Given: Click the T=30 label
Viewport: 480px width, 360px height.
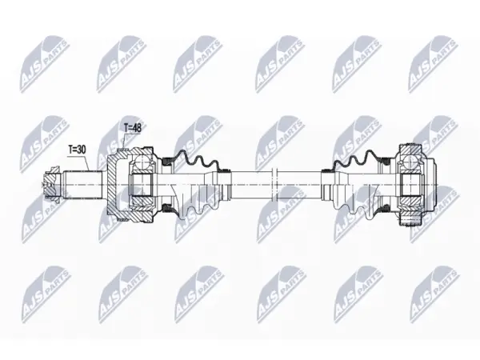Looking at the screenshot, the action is pyautogui.click(x=77, y=150).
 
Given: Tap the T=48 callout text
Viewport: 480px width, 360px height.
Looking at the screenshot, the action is pyautogui.click(x=133, y=128).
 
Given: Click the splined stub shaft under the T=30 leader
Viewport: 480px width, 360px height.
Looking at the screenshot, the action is pyautogui.click(x=83, y=185).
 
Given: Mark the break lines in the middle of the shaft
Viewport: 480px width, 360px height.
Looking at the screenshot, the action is pyautogui.click(x=274, y=185).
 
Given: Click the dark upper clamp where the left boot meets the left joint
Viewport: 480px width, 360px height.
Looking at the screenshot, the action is pyautogui.click(x=168, y=161).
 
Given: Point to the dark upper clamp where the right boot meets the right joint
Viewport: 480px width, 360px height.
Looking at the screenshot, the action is pyautogui.click(x=386, y=161).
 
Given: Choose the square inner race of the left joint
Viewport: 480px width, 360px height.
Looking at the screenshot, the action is pyautogui.click(x=142, y=185).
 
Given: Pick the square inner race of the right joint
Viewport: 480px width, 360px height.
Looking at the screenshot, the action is pyautogui.click(x=410, y=185).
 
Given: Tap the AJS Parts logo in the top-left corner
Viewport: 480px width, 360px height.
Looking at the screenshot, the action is pyautogui.click(x=45, y=64).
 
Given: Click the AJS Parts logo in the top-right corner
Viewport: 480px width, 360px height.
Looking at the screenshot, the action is pyautogui.click(x=434, y=64).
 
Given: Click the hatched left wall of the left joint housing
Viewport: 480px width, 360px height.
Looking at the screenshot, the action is pyautogui.click(x=114, y=185).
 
